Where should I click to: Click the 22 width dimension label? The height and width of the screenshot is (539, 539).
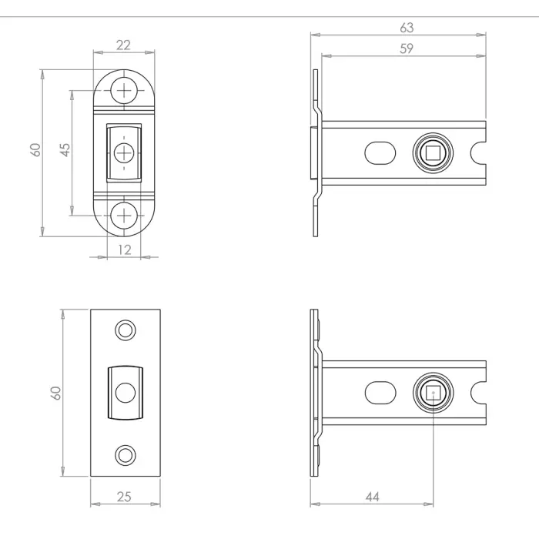(123, 45)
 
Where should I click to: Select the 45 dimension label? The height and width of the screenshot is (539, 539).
(65, 149)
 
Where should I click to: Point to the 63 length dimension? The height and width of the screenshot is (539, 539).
(407, 28)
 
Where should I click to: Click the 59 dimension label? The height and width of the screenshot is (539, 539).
(407, 49)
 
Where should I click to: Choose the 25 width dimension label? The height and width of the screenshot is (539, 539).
(125, 497)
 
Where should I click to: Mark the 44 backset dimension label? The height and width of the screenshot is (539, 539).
(373, 497)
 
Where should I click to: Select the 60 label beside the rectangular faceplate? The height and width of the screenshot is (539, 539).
(55, 393)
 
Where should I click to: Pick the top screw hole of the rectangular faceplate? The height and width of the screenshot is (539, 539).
(124, 330)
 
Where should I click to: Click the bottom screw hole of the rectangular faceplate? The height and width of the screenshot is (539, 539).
(124, 453)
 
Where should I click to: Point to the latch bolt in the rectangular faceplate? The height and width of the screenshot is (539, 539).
(124, 392)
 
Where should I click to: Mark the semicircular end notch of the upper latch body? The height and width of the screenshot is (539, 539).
(482, 153)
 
